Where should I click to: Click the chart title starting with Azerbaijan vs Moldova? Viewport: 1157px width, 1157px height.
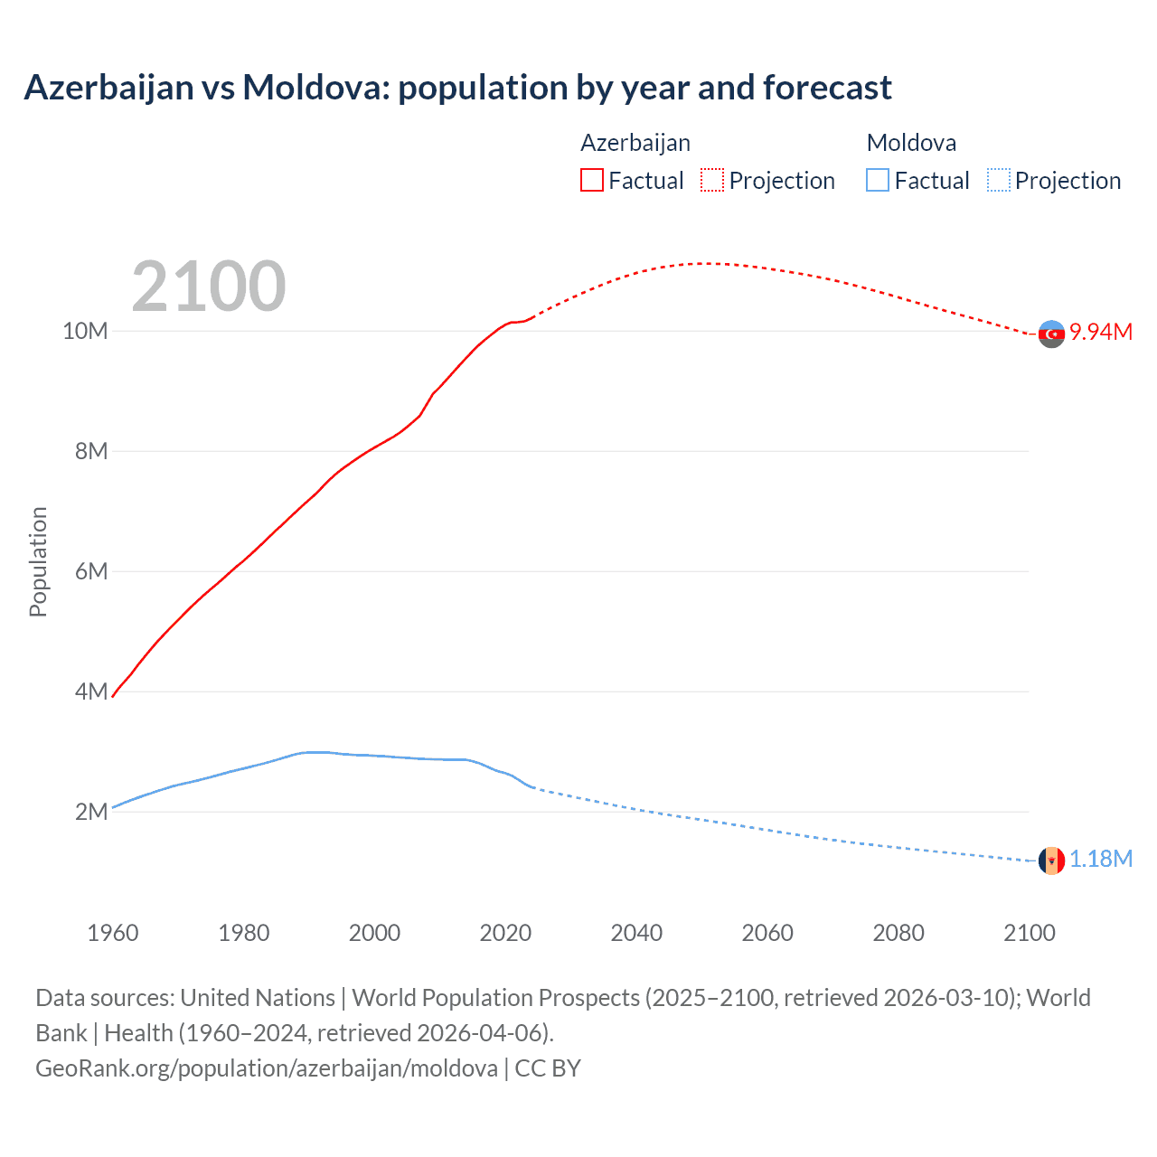(457, 88)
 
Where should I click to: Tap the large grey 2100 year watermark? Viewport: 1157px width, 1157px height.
(209, 287)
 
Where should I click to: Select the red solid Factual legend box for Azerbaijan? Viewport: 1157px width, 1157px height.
(592, 180)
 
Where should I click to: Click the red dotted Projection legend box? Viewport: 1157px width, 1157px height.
(712, 180)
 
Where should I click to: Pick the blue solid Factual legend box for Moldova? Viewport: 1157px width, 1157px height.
(878, 180)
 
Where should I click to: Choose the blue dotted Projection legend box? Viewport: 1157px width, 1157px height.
(999, 180)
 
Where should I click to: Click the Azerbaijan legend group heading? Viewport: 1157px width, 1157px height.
(635, 143)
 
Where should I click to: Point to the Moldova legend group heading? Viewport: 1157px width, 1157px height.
(911, 143)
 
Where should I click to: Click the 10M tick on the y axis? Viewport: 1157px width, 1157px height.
(85, 331)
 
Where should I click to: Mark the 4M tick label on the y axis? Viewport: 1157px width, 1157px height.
(91, 691)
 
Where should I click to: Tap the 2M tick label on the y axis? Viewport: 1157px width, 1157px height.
(91, 812)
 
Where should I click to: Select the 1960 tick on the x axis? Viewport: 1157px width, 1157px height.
(113, 933)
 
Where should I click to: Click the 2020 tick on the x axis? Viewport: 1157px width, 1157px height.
(505, 933)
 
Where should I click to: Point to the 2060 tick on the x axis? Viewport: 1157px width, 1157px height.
(767, 933)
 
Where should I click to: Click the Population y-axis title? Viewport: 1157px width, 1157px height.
(38, 561)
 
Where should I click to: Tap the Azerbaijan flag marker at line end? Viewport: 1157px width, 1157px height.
(1051, 334)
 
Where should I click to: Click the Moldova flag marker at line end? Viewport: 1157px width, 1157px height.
(1051, 861)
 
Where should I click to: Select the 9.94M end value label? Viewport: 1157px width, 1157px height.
(1101, 332)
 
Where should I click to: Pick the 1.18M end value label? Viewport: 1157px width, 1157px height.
(1101, 859)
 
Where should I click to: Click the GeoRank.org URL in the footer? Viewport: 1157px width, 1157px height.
(267, 1068)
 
